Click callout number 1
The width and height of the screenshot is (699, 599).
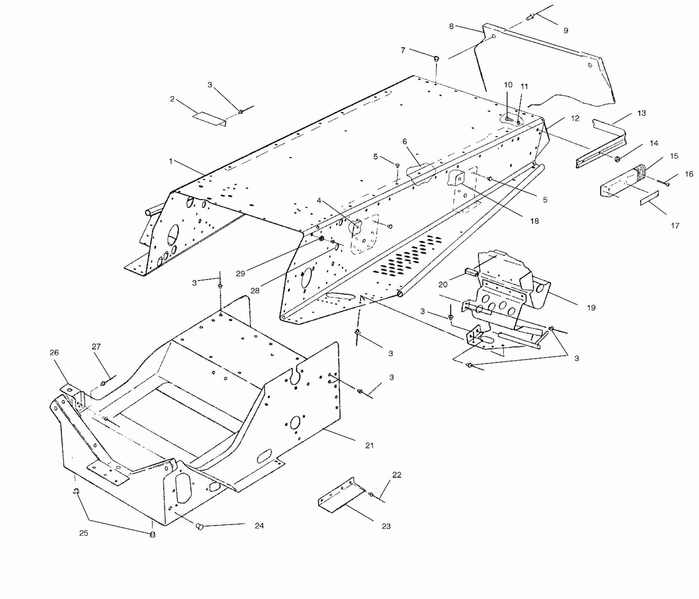point(171,161)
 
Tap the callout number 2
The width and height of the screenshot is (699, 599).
point(172,99)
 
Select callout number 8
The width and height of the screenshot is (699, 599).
point(451,26)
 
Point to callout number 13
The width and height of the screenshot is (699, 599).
point(641,113)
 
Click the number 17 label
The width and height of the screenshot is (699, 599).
point(675,226)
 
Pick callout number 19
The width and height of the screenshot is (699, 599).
point(591,308)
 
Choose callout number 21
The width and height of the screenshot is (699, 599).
point(369,445)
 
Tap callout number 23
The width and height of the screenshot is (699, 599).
point(386,526)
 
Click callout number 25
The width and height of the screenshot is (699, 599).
point(83,533)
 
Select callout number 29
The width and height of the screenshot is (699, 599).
point(240,274)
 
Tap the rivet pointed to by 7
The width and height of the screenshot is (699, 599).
point(436,58)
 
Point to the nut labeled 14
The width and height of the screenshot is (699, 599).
point(617,159)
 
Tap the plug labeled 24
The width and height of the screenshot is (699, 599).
point(200,527)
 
